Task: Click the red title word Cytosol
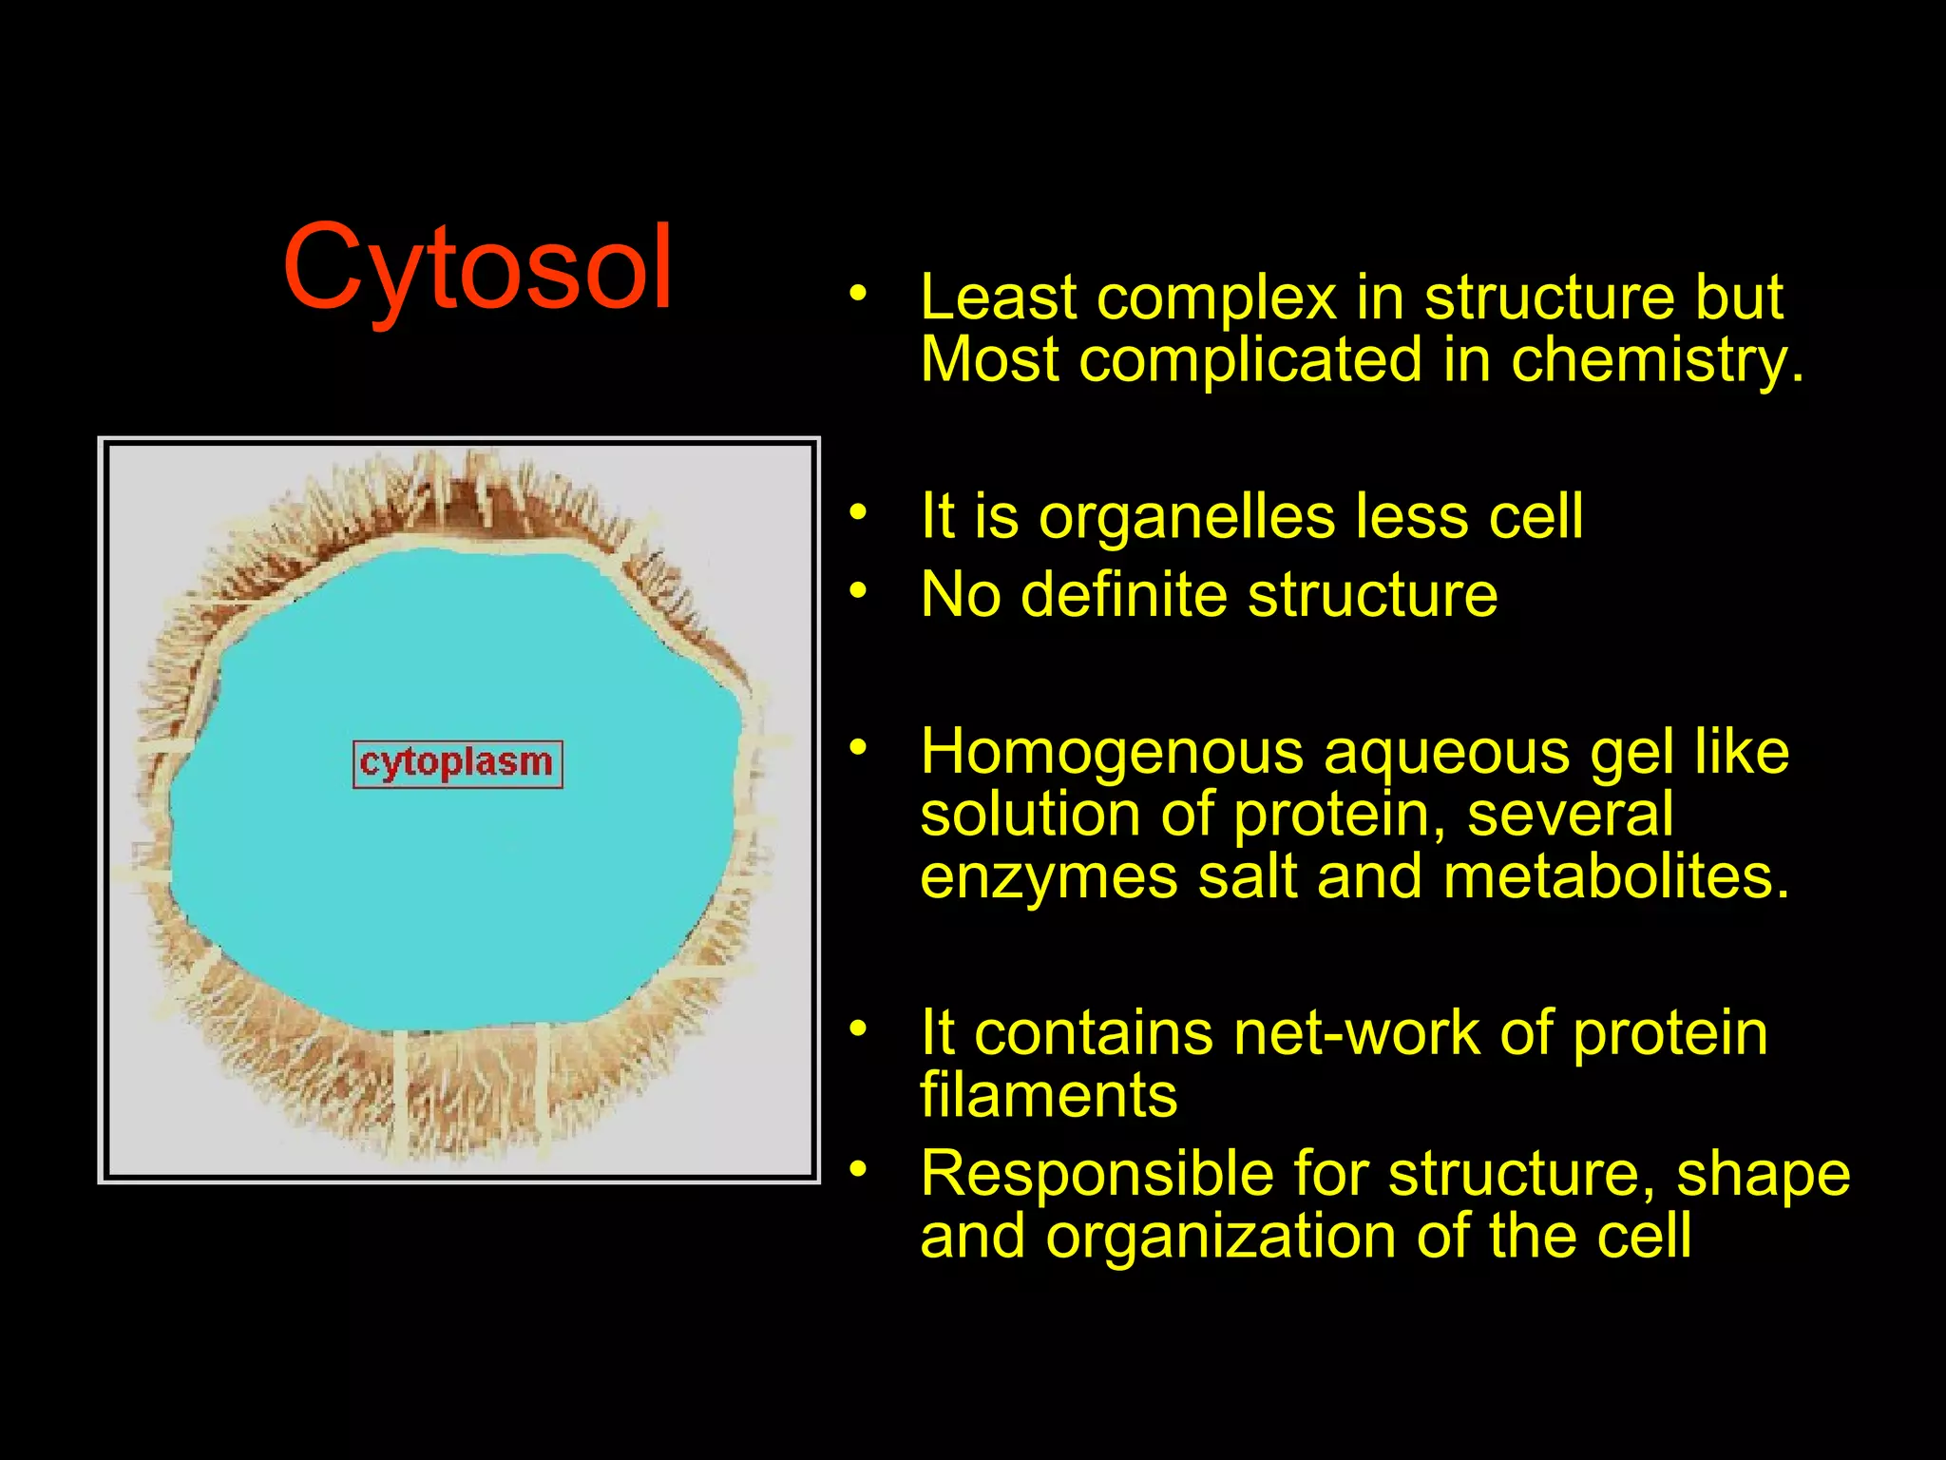[x=478, y=268]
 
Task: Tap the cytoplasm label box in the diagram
[x=457, y=764]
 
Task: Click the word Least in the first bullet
[x=998, y=298]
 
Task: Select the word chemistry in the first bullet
[x=1656, y=361]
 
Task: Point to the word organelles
[x=1188, y=519]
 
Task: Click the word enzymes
[x=1049, y=878]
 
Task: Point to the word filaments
[x=1048, y=1096]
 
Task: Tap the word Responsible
[x=1097, y=1175]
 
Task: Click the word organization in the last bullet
[x=1221, y=1237]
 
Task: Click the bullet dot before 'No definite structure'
[x=858, y=591]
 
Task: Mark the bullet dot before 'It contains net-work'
[x=858, y=1028]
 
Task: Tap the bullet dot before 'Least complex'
[x=858, y=293]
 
